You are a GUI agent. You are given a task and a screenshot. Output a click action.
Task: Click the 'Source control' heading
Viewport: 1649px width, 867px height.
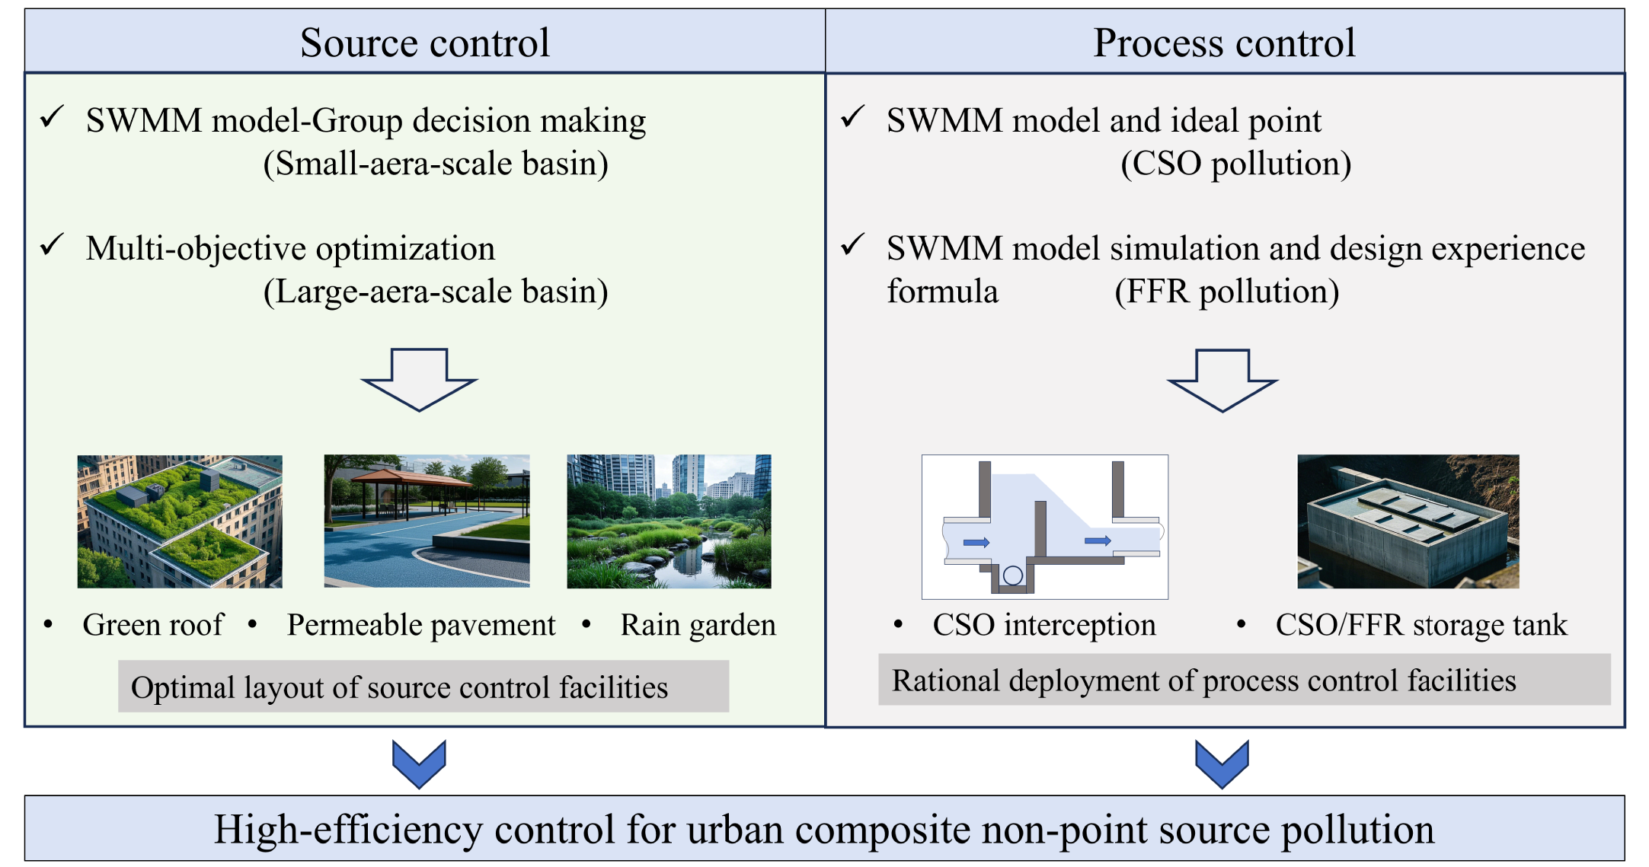425,43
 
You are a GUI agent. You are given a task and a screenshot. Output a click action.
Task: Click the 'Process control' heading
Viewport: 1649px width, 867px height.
1224,43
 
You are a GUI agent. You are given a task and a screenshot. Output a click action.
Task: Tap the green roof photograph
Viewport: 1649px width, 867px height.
180,521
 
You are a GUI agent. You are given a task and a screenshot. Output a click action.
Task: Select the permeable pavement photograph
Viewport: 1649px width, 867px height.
427,521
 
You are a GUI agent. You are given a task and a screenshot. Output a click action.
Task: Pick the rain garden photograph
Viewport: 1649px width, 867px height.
669,521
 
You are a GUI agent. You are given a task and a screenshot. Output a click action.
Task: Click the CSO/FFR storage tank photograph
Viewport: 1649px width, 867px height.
1408,521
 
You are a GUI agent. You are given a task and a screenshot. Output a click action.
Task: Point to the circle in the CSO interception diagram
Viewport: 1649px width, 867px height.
1013,575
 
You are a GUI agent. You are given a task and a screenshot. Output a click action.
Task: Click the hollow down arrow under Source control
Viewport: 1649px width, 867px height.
419,380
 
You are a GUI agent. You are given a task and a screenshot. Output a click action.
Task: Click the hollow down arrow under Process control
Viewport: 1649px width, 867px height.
1222,381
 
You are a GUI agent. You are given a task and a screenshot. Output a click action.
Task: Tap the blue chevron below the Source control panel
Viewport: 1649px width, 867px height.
419,764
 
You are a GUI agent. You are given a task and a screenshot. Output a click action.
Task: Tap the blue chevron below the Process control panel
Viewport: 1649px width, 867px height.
1222,764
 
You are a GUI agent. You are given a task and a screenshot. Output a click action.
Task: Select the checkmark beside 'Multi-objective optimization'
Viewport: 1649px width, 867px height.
52,245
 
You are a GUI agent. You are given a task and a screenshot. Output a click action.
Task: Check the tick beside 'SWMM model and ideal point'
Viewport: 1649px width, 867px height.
853,116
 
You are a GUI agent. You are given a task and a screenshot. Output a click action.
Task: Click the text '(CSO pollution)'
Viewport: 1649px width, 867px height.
1236,164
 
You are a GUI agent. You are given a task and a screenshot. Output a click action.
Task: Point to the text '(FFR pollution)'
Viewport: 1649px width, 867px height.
1227,292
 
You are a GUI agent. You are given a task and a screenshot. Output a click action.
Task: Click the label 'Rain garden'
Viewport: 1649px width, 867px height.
698,625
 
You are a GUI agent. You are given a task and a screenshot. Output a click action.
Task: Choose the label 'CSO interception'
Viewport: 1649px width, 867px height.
1044,625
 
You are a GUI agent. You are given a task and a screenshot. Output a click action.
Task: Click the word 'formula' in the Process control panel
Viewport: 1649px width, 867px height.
942,292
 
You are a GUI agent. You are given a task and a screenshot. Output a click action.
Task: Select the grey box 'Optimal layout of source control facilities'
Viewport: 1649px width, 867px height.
423,687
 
